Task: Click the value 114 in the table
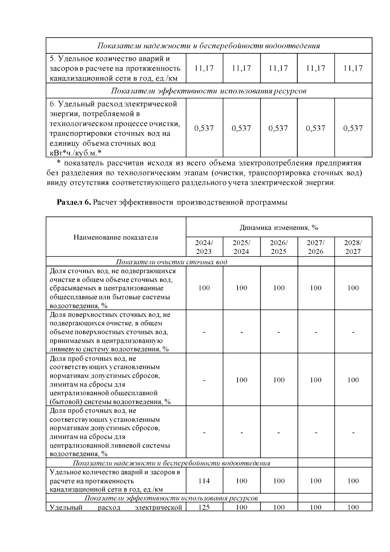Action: (204, 481)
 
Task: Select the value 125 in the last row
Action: (204, 507)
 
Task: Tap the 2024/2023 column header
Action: (204, 247)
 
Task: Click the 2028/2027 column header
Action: (353, 247)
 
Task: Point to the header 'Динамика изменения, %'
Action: (279, 228)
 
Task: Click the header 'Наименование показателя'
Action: (116, 237)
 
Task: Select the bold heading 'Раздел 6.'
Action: (73, 202)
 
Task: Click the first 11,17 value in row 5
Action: (204, 68)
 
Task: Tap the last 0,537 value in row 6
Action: (353, 128)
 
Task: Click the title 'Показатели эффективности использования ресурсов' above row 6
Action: (209, 91)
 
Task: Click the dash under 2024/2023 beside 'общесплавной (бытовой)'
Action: (204, 380)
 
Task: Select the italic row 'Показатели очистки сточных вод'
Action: (172, 262)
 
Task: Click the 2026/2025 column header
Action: (279, 247)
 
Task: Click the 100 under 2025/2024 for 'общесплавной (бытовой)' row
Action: (241, 380)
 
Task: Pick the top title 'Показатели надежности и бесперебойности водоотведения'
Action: (209, 46)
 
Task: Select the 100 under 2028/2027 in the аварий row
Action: (353, 481)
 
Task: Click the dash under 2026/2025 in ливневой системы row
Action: (279, 433)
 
